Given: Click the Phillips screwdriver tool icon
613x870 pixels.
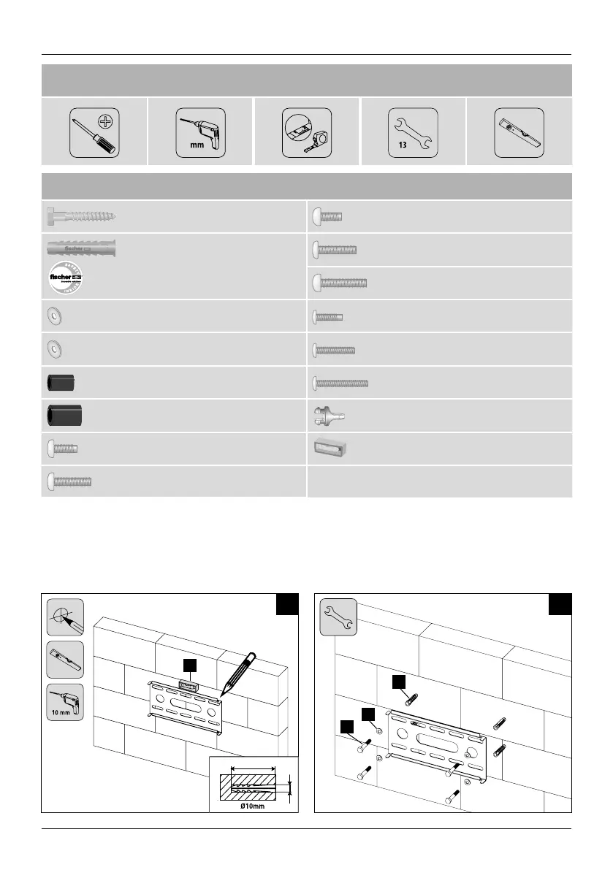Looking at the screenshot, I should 94,132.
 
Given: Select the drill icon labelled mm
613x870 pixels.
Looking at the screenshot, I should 200,132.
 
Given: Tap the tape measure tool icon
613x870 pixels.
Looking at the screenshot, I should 306,132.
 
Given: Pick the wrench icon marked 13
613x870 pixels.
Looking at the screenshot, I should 413,132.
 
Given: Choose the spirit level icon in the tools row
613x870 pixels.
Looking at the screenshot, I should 519,132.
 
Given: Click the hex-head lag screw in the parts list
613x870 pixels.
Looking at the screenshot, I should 80,216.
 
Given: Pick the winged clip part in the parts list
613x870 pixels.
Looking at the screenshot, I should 329,415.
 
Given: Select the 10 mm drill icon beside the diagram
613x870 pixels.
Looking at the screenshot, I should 66,702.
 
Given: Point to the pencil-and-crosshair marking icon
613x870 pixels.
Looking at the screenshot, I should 66,617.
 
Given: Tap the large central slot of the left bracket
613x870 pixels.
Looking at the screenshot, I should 183,708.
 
